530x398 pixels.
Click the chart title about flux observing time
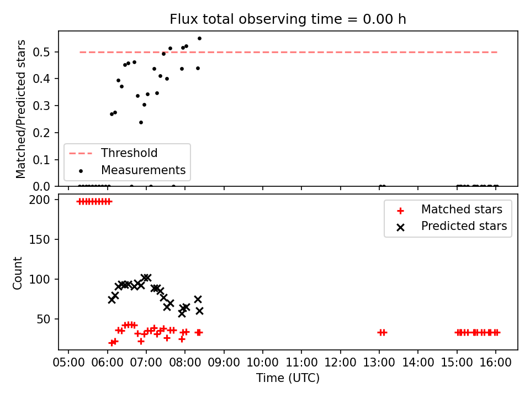[x=288, y=19]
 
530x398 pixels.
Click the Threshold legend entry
[x=129, y=153]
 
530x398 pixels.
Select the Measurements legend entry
[x=144, y=170]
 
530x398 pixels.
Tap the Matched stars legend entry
[x=462, y=210]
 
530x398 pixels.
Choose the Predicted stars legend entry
[x=464, y=226]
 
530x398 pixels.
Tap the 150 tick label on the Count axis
[x=39, y=239]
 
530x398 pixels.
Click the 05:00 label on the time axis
[x=68, y=363]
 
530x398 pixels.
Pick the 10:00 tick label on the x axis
[x=263, y=363]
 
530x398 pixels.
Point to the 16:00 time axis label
[x=496, y=363]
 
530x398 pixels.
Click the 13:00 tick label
[x=379, y=363]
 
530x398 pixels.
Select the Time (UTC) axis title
[x=288, y=378]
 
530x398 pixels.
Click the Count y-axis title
[x=17, y=273]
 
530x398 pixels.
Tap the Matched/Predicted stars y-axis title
[x=20, y=109]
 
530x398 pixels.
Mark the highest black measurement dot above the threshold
[x=199, y=39]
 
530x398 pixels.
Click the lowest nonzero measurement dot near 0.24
[x=141, y=123]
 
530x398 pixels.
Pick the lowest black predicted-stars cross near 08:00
[x=182, y=313]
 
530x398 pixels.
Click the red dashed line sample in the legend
[x=81, y=153]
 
